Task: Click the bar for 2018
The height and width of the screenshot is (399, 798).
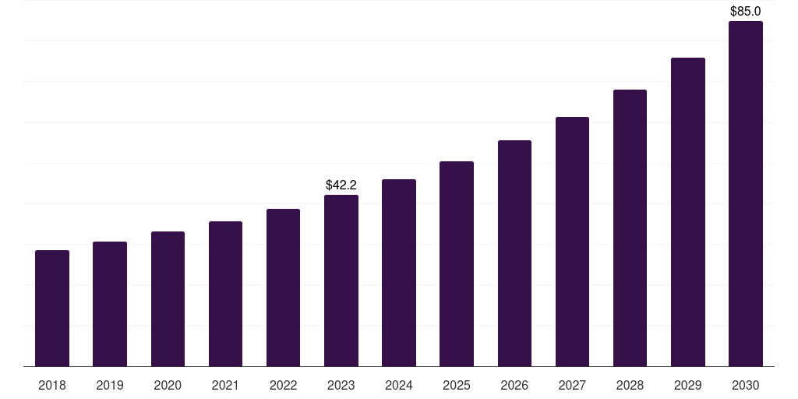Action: tap(52, 308)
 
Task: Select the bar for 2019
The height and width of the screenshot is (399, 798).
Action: tap(110, 304)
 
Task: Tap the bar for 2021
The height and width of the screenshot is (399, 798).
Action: tap(225, 294)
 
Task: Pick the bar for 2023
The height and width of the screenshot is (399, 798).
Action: tap(341, 281)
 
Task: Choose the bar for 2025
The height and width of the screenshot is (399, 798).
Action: tap(457, 263)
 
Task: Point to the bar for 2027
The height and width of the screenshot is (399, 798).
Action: tap(572, 242)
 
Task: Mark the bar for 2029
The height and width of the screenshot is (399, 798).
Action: tap(688, 212)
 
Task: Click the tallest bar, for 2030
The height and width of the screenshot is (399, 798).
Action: tap(746, 193)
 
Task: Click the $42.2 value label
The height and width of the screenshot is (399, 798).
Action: tap(341, 185)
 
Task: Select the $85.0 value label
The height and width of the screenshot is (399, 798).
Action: tap(746, 11)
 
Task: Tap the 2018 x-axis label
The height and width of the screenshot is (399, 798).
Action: tap(52, 385)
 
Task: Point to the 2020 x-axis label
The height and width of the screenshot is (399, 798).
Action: tap(168, 385)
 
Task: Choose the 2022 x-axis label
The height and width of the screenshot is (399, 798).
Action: tap(284, 385)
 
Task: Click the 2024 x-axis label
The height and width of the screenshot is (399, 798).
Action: tap(399, 385)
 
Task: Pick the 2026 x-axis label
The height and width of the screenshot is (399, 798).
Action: tap(514, 385)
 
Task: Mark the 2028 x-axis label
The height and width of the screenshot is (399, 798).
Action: tap(630, 385)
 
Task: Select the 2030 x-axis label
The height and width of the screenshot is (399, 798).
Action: tap(746, 385)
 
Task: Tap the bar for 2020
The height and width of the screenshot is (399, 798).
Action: tap(168, 298)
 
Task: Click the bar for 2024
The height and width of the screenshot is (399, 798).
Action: tap(399, 273)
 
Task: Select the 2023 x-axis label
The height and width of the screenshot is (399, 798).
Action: tap(341, 385)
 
